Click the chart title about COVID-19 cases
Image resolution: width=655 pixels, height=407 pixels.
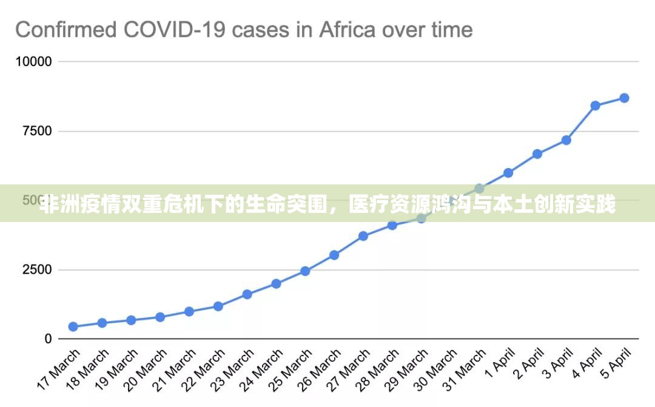[x=244, y=29]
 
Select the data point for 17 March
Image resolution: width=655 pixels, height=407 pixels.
[x=73, y=326]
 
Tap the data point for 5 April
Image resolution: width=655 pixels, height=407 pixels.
[x=624, y=98]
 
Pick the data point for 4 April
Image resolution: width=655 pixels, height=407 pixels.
[x=595, y=106]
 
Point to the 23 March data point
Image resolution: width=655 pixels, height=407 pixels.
[x=247, y=294]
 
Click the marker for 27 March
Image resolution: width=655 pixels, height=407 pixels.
[x=363, y=236]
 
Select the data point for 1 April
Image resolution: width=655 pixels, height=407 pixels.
[x=508, y=173]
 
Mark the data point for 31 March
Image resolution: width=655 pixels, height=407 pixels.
[x=479, y=189]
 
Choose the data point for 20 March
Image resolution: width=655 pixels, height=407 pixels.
[x=160, y=317]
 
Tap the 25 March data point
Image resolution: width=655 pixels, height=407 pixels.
[x=305, y=271]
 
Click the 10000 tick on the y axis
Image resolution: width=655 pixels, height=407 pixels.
[x=33, y=62]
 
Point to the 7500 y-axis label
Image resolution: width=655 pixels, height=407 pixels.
[x=37, y=131]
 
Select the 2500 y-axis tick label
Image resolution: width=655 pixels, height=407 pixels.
[x=37, y=270]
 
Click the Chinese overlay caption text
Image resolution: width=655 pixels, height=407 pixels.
[x=327, y=206]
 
